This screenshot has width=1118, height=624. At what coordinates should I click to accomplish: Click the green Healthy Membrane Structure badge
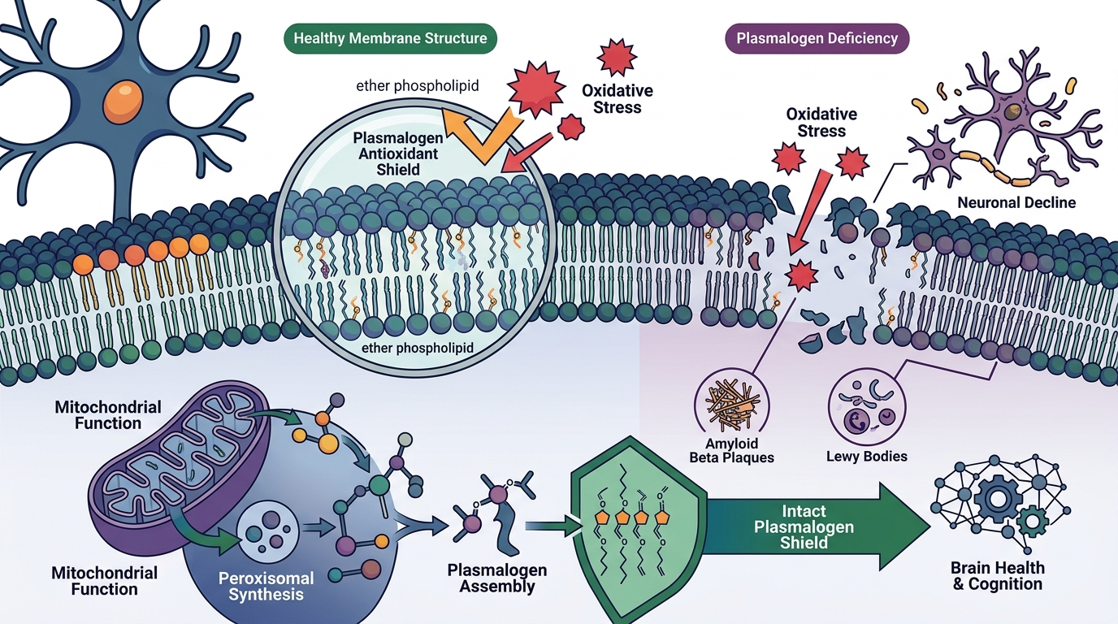coord(390,38)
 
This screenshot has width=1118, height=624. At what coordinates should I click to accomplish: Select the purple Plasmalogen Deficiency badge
coord(817,38)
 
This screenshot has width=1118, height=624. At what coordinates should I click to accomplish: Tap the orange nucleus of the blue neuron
coord(123,102)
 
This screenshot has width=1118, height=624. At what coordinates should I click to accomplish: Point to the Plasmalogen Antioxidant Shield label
coord(398,154)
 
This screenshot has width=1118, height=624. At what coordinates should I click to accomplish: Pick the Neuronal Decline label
coord(1016,202)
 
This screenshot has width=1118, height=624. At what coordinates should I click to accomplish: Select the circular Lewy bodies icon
coord(867,407)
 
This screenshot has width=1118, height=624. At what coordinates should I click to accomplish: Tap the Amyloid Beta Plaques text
coord(731,450)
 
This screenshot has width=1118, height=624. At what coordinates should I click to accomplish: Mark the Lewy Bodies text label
coord(866,456)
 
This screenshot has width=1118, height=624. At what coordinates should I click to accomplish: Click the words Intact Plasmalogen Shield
coord(804,526)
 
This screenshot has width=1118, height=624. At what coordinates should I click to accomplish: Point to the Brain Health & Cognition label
coord(997,575)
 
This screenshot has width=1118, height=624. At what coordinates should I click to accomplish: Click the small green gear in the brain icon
coord(1032,522)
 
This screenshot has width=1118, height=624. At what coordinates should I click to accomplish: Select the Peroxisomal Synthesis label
coord(266,586)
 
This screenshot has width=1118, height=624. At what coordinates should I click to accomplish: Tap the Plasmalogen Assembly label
coord(496,578)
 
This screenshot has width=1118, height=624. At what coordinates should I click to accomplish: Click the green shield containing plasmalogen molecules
coord(639,529)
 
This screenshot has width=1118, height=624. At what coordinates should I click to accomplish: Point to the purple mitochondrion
coord(180,466)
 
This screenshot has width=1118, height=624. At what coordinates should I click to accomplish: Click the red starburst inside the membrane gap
coord(802,275)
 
